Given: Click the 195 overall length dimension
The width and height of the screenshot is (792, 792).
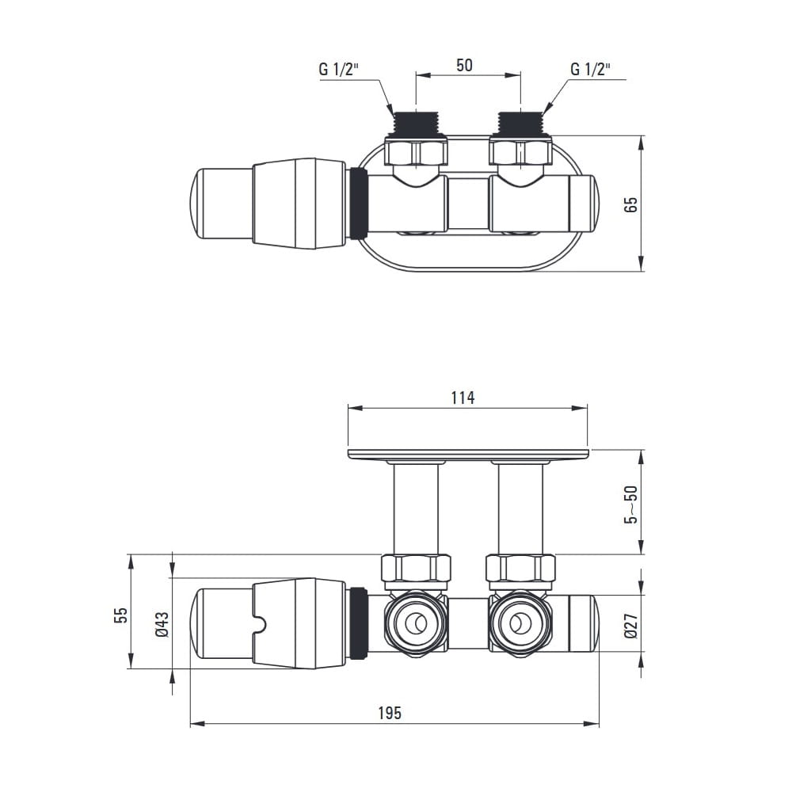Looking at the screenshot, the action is (x=390, y=713).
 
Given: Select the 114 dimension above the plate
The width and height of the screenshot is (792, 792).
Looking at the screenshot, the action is (x=463, y=398).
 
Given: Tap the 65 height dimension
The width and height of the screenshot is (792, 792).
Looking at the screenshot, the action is (x=631, y=204).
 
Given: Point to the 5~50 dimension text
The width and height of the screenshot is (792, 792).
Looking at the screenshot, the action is (x=631, y=505).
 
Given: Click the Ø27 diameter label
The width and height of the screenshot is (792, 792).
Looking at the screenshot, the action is (x=631, y=626).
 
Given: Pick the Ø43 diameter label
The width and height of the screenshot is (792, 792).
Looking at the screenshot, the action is (x=162, y=624).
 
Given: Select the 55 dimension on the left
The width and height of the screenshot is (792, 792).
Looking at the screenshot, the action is (x=121, y=615).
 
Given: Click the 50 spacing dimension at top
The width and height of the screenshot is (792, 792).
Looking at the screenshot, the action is (x=464, y=65).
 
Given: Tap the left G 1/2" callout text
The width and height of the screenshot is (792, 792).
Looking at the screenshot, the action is (x=338, y=69).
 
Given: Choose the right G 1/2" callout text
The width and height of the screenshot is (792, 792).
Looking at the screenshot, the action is (x=591, y=69).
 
